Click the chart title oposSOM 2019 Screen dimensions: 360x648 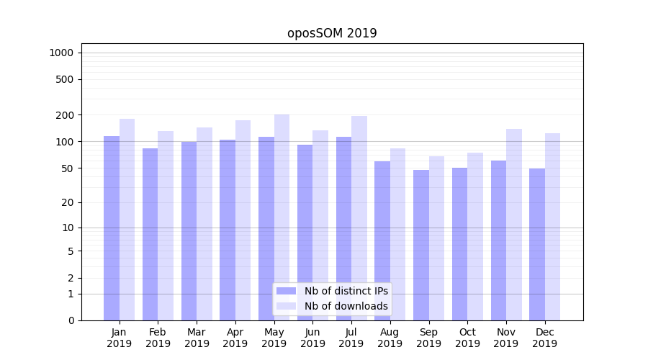332,33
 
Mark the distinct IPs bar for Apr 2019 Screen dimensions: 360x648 228,230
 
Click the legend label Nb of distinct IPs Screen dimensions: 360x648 346,291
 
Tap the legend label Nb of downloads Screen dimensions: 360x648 346,306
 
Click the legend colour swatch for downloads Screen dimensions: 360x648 286,306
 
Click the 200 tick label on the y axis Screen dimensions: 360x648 65,115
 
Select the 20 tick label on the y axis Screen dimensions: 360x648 68,202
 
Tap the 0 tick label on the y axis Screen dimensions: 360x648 71,320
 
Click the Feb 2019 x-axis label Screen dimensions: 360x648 158,338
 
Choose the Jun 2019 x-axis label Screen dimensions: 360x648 312,338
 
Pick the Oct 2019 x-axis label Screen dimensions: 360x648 467,338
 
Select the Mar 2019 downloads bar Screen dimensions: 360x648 204,224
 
